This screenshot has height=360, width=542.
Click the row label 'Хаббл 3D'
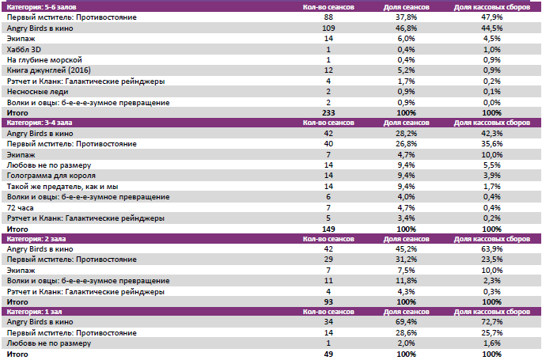coord(23,49)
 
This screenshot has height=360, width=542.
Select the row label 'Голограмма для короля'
coord(51,175)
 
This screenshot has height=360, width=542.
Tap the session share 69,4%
coord(406,323)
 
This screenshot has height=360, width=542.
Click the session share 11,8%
coord(406,281)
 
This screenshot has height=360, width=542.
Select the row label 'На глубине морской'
coord(44,60)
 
